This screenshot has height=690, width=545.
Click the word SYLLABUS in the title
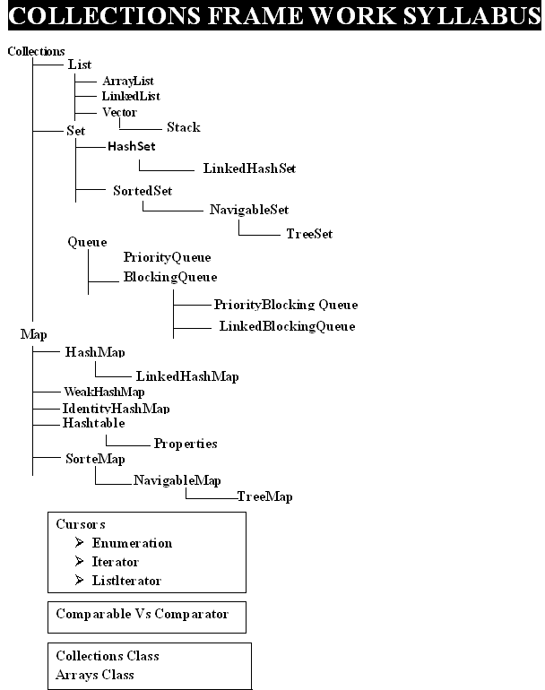click(x=471, y=15)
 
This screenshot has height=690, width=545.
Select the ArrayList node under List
click(x=128, y=82)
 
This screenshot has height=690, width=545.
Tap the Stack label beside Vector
click(x=184, y=127)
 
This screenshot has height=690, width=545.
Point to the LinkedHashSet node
click(x=249, y=168)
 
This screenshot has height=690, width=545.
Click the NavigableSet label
click(x=249, y=210)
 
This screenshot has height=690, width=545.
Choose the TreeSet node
click(x=309, y=234)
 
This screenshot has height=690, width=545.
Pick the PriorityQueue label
click(x=168, y=257)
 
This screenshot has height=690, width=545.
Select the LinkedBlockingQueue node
click(x=288, y=326)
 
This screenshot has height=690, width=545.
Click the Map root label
click(x=33, y=335)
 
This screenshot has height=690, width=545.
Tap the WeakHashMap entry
click(x=104, y=392)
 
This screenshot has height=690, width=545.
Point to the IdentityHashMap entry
click(x=117, y=409)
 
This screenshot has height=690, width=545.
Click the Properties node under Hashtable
click(x=186, y=444)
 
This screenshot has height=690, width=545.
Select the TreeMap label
click(x=265, y=496)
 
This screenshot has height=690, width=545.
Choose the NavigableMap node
click(x=177, y=480)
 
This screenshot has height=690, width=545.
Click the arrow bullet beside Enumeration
click(x=79, y=542)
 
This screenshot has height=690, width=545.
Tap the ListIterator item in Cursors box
click(x=126, y=581)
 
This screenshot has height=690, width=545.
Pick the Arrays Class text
click(x=95, y=675)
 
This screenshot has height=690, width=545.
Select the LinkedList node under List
click(x=131, y=97)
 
